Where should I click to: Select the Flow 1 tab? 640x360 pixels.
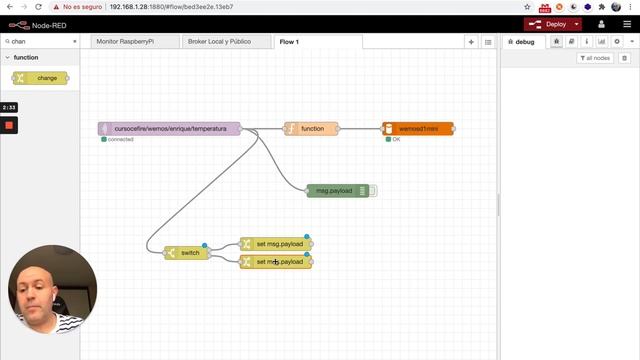290,42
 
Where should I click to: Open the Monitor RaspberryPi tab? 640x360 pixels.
130,42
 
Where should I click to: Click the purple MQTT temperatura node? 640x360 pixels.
170,128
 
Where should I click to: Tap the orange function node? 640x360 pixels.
312,128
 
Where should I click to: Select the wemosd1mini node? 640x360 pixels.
419,128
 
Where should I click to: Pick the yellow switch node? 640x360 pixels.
188,253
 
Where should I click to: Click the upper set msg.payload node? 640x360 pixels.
277,244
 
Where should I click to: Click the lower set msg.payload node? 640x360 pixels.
277,262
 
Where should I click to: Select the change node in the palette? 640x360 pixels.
41,77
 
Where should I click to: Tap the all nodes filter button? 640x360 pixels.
596,58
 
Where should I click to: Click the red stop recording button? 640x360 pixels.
9,125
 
